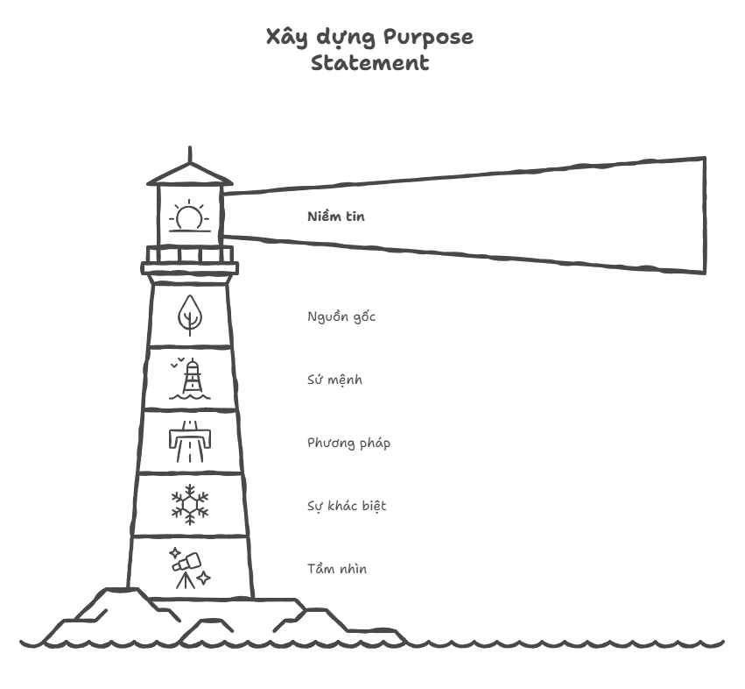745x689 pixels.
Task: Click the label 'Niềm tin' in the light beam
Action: pyautogui.click(x=335, y=217)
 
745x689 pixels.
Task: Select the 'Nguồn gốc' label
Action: pyautogui.click(x=341, y=316)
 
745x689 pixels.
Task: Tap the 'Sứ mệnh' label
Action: pyautogui.click(x=334, y=380)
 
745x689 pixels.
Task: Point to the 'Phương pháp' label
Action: pyautogui.click(x=348, y=443)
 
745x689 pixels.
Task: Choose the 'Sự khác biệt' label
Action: pyautogui.click(x=347, y=506)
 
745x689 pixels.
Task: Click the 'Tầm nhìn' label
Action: pyautogui.click(x=337, y=569)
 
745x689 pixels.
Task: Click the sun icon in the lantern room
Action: pyautogui.click(x=189, y=217)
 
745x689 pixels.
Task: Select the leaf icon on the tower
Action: pyautogui.click(x=189, y=315)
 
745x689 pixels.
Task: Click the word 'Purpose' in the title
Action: pyautogui.click(x=428, y=38)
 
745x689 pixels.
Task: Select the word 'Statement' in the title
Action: pyautogui.click(x=369, y=63)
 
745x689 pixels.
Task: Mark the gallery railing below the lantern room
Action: pyautogui.click(x=189, y=254)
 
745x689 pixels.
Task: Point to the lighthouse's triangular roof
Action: pyautogui.click(x=189, y=175)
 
